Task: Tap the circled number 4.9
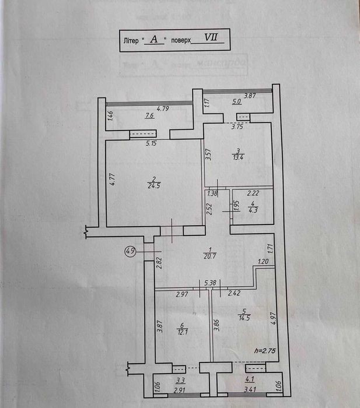[130, 252]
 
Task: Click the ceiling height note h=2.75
[265, 351]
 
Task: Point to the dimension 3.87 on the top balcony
[250, 96]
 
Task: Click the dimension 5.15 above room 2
[152, 143]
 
